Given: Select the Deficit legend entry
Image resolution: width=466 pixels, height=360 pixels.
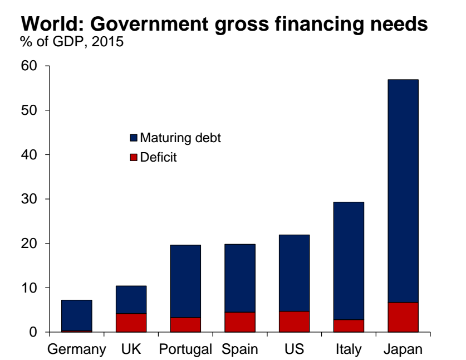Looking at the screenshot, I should coord(158,158).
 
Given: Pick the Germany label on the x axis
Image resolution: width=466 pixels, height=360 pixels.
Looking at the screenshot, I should coord(76,350).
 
